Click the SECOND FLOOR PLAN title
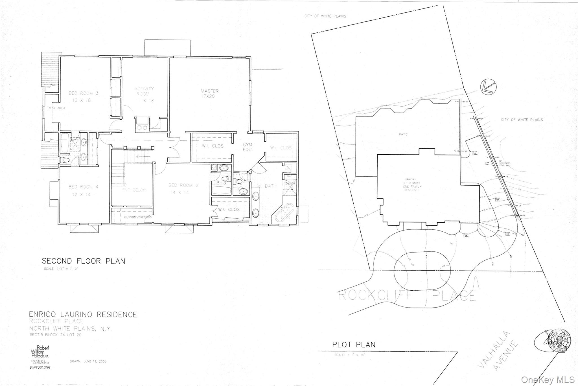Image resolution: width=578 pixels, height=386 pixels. tap(84, 261)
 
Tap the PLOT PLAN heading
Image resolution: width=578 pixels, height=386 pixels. tap(354, 345)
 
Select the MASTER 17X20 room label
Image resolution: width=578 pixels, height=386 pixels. tap(210, 93)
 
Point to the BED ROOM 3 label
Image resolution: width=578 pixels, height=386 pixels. tap(84, 96)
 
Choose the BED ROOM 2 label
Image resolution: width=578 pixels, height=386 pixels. tap(183, 188)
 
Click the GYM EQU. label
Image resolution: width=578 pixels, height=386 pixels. tap(247, 147)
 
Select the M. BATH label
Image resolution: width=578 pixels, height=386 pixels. tap(267, 186)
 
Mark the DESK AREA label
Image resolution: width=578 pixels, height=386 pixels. tap(56, 108)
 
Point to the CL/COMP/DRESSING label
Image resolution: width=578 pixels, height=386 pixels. tap(138, 217)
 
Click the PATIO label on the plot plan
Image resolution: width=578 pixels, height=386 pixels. tap(403, 134)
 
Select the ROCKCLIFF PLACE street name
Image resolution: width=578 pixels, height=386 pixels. tap(406, 295)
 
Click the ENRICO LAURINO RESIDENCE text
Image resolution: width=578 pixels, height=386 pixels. tap(83, 314)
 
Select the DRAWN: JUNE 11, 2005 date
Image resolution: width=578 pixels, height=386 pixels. tap(88, 361)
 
